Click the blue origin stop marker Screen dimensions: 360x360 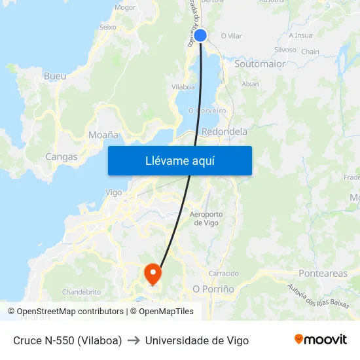tap(200, 35)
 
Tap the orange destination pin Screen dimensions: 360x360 tap(153, 274)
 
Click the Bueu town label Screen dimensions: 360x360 tap(54, 77)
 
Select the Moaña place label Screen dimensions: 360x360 tap(103, 135)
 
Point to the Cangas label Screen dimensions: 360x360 tap(62, 157)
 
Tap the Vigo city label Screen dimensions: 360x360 tap(113, 192)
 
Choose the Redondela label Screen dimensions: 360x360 tap(225, 132)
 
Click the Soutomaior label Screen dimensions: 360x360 tap(260, 64)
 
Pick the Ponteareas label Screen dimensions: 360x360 tap(323, 273)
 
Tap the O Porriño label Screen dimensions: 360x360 tap(213, 289)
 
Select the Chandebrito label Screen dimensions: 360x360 tap(81, 292)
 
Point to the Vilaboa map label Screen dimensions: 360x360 tap(183, 86)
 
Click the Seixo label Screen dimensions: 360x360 tap(107, 27)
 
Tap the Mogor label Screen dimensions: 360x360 tap(125, 8)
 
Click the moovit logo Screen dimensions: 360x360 tap(320, 340)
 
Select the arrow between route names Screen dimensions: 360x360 tap(134, 340)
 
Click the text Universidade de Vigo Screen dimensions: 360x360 tap(196, 340)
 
